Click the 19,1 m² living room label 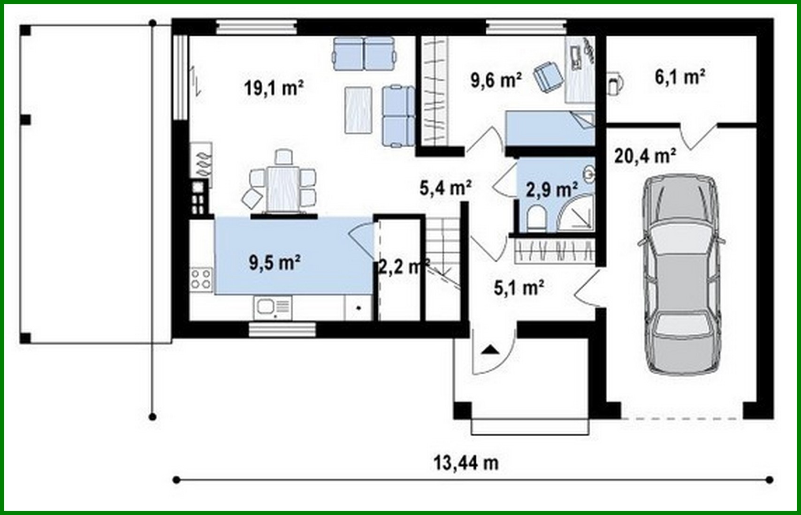coord(274,88)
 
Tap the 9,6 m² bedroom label coord(496,80)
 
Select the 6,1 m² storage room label coord(680,77)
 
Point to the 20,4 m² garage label coord(645,155)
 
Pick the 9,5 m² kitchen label coord(275,263)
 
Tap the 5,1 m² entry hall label coord(519,288)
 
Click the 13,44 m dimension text coord(465,463)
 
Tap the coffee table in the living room coord(359,110)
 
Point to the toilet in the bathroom coord(536,219)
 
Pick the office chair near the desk coord(548,76)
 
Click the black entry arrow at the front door coord(489,349)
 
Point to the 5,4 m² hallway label coord(445,188)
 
